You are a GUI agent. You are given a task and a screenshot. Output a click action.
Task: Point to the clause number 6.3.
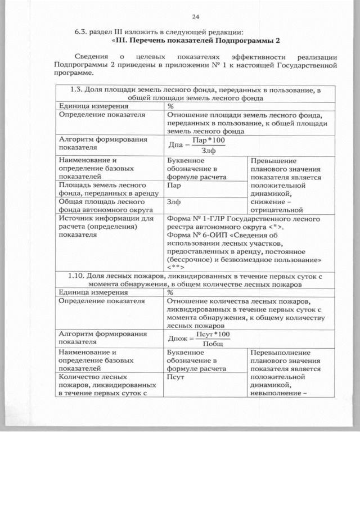83,32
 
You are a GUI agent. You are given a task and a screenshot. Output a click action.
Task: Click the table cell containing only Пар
174,184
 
